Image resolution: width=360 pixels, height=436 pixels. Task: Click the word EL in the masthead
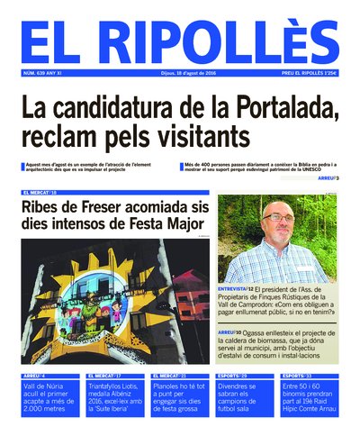pyautogui.click(x=56, y=41)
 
